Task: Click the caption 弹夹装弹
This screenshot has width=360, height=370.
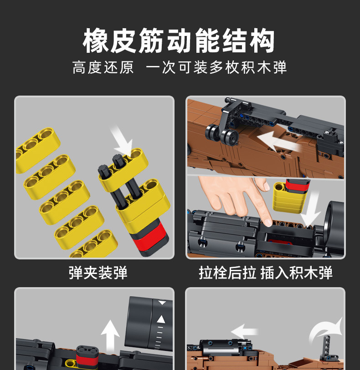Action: (98, 273)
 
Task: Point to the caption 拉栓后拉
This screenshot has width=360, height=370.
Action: (227, 273)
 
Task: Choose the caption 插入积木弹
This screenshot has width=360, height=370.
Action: (297, 273)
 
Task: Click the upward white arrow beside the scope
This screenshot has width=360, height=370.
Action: (110, 335)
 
